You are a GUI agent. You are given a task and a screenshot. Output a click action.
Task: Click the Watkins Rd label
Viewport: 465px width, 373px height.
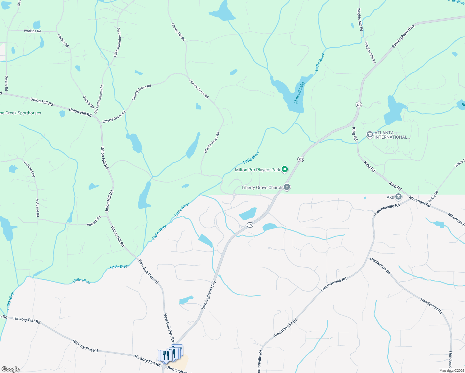coord(32,31)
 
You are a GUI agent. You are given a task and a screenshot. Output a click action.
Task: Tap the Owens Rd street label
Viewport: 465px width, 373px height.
coord(7,83)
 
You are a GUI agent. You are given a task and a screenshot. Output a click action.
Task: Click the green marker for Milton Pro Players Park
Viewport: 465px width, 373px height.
coord(285,169)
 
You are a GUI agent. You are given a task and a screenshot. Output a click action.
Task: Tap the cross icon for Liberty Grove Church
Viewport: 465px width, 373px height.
coord(287,187)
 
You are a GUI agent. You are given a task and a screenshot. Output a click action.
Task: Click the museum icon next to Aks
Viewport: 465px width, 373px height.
coord(398,197)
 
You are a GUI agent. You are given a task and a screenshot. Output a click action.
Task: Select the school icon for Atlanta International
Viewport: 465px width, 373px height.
coord(370,135)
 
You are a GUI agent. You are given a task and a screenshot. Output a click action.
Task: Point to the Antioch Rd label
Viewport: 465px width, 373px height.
coord(94,221)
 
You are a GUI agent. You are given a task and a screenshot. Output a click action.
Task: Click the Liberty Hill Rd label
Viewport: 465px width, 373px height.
coord(178,32)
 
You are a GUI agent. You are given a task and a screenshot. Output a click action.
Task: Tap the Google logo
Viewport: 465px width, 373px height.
coord(10,369)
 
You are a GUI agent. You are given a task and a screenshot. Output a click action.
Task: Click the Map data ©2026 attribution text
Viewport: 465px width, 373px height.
coord(452,371)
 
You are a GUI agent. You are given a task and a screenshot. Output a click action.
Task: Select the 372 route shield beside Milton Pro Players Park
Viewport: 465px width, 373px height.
coord(300,159)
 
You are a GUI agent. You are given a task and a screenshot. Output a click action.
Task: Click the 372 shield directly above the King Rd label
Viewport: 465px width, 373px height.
coord(359,105)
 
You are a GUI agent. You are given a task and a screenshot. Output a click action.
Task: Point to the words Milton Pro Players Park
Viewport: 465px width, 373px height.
coord(257,170)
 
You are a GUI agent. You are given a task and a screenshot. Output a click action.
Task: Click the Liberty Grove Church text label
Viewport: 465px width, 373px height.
coord(262,187)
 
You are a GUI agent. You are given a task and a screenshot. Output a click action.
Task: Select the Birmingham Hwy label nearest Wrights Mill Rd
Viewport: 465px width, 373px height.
coord(403,36)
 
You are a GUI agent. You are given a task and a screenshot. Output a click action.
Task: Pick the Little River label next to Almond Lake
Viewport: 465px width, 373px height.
coord(320,62)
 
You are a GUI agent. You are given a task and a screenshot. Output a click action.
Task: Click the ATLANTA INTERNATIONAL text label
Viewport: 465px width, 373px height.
coord(392,135)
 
